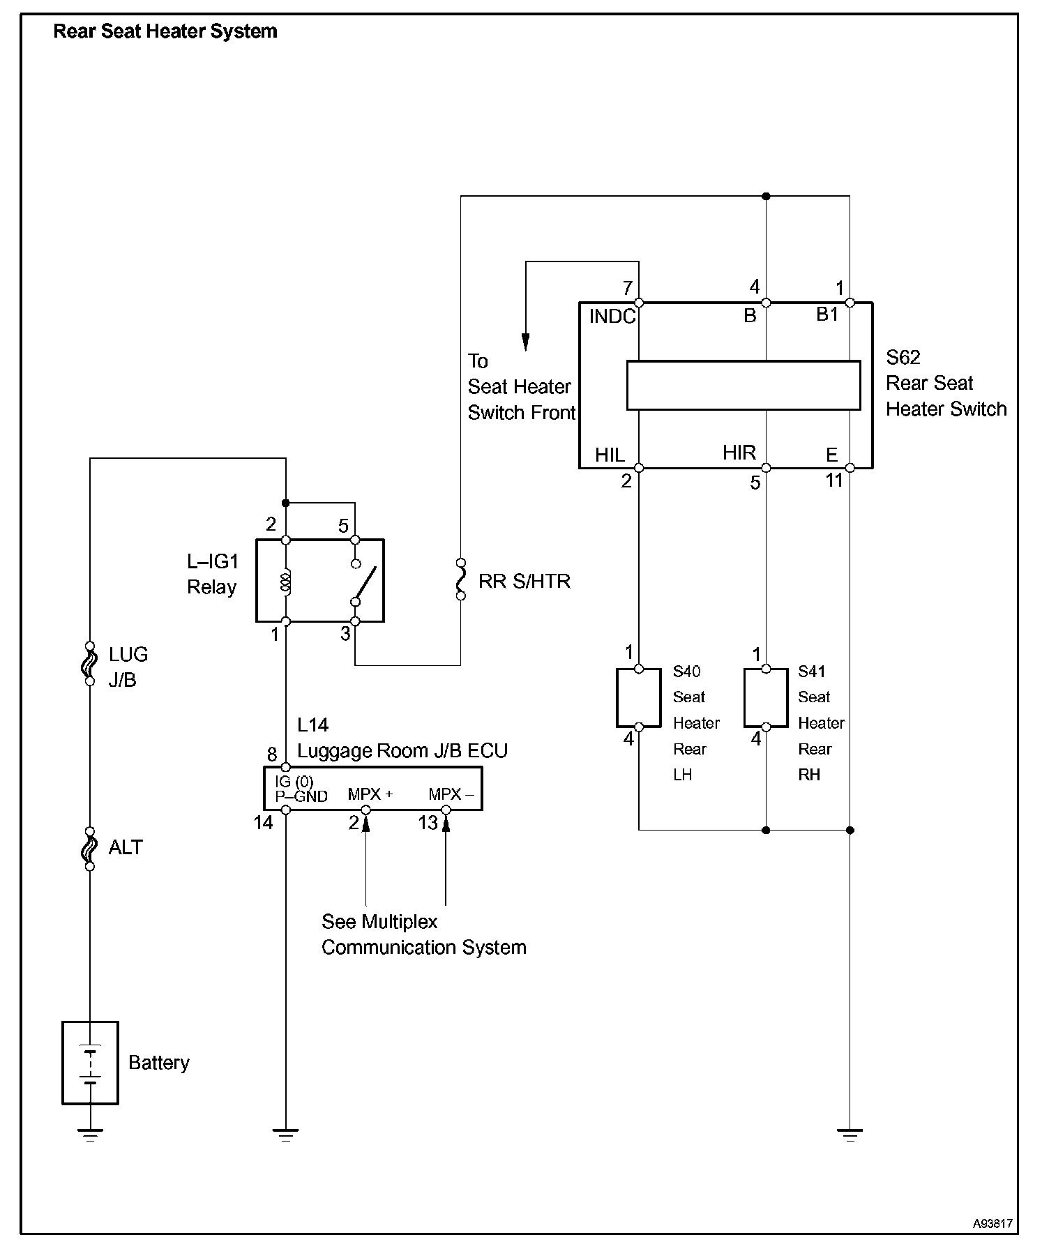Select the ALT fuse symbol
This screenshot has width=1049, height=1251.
coord(90,849)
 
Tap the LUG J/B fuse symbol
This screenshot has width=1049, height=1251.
coord(90,663)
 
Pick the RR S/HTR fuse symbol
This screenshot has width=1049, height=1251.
coord(460,579)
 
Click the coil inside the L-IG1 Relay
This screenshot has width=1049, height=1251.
coord(285,581)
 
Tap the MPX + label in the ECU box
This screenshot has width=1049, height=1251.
coord(370,794)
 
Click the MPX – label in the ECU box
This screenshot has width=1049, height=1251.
coord(451,794)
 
